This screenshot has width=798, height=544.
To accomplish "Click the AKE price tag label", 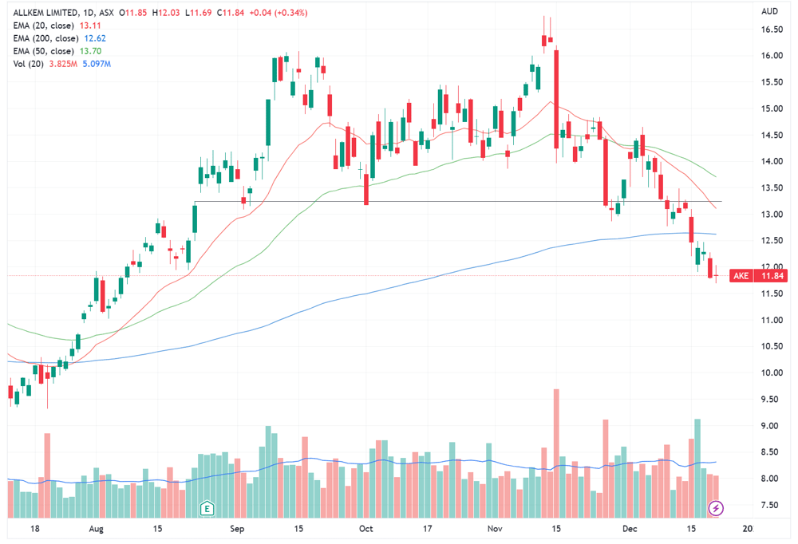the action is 741,276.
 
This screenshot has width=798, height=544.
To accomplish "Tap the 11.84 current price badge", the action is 772,276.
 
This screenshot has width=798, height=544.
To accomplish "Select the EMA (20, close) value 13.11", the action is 90,26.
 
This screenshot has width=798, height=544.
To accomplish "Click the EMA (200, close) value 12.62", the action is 95,38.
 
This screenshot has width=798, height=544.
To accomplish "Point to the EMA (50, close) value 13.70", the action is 91,51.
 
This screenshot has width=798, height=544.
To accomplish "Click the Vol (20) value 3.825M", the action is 63,64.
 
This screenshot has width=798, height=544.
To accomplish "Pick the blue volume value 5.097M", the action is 97,64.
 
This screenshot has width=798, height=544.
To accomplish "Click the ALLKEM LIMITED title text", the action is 45,13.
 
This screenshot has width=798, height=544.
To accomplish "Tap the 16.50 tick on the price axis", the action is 772,30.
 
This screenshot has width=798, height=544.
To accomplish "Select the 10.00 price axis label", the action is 772,373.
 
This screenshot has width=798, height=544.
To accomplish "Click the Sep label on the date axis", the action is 237,529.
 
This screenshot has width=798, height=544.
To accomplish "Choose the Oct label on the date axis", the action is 366,529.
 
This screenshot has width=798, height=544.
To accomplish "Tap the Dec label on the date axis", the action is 630,529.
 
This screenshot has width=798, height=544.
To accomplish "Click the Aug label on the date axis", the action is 97,529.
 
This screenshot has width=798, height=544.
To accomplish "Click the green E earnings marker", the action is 207,508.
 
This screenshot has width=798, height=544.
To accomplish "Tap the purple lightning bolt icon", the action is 716,508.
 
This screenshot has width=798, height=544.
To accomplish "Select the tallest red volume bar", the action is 556,453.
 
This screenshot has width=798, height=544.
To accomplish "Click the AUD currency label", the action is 770,11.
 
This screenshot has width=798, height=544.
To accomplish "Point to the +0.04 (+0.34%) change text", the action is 279,13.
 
